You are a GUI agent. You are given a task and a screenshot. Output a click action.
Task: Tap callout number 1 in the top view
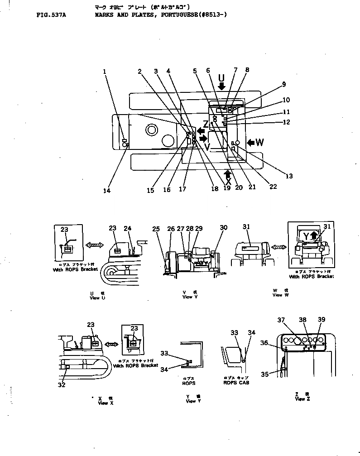click(105, 71)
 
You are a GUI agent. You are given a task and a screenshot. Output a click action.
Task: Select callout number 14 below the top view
click(106, 191)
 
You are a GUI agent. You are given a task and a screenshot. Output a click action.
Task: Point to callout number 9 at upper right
click(283, 84)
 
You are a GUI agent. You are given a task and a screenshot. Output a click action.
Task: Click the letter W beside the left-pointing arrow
click(259, 143)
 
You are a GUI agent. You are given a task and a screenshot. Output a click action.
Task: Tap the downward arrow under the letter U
click(221, 86)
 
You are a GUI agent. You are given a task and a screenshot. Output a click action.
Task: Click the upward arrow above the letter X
click(228, 173)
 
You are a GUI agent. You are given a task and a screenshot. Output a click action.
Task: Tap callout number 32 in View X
click(62, 385)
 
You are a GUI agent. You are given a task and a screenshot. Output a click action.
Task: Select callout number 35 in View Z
click(264, 374)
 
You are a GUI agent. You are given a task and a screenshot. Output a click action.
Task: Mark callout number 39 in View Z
click(321, 320)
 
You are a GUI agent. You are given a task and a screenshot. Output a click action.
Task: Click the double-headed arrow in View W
click(278, 247)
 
